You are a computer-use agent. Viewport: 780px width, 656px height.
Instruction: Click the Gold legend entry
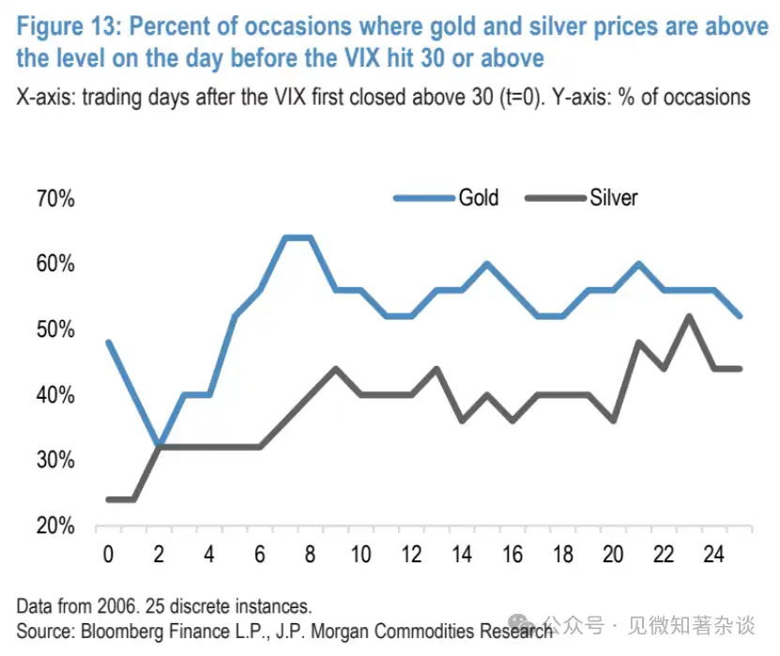pos(478,198)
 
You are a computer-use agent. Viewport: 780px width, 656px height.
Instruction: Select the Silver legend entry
pos(613,198)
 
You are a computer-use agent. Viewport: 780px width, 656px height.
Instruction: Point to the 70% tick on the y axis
pos(57,199)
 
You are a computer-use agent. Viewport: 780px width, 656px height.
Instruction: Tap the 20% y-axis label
pos(57,526)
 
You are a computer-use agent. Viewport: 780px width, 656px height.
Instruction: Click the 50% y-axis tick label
pos(57,329)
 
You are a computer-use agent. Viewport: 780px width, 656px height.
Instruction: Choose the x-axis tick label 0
pos(109,554)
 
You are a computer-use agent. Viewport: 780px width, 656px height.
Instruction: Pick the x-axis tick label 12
pos(411,554)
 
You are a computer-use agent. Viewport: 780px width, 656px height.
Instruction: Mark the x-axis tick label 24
pos(713,554)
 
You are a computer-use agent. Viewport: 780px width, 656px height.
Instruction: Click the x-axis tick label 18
pos(562,554)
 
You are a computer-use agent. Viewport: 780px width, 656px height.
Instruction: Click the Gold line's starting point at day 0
pos(109,342)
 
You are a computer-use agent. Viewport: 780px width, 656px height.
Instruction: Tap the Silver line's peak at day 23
pos(688,315)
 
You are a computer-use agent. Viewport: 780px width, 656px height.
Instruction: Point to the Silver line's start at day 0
pos(109,499)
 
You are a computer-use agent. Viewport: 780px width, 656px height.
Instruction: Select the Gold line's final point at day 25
pos(739,316)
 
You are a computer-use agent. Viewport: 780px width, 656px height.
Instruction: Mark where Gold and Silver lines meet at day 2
pos(160,447)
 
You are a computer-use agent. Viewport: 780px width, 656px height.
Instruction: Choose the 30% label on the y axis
pos(57,460)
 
